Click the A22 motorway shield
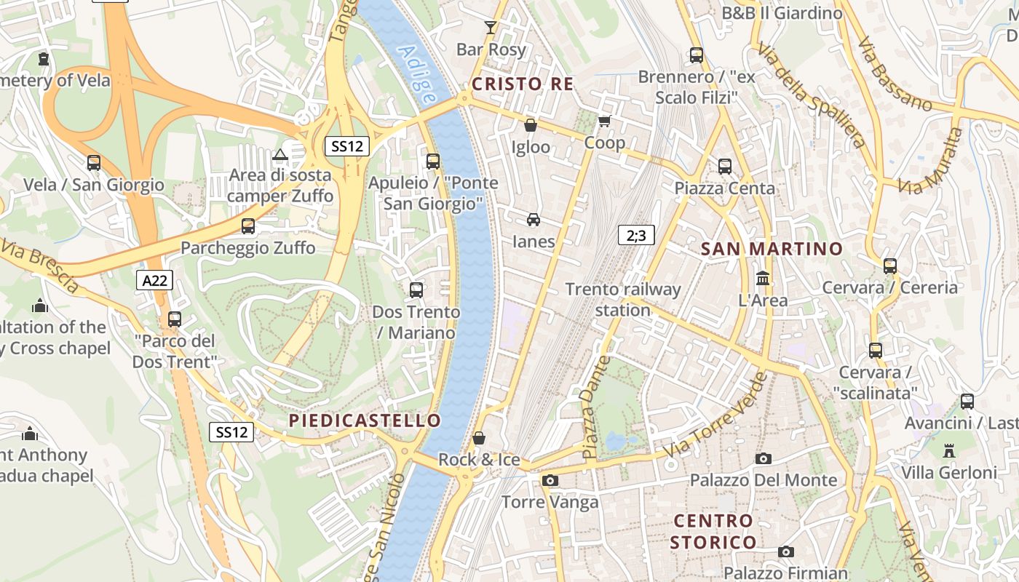coord(154,279)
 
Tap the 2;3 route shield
coord(636,235)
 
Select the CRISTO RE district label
coord(523,84)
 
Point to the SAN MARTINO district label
coord(772,249)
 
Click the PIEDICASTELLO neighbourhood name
coord(365,420)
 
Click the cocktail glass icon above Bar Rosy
coord(491,28)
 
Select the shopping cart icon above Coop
coord(604,121)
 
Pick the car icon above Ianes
coord(534,219)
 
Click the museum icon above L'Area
coord(763,278)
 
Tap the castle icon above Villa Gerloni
coord(948,450)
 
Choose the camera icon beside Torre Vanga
coord(550,480)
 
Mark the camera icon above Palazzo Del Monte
coord(763,458)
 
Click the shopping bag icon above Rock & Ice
coord(478,438)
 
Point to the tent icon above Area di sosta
coord(279,154)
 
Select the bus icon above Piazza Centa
coord(724,166)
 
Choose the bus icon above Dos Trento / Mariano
coord(416,290)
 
